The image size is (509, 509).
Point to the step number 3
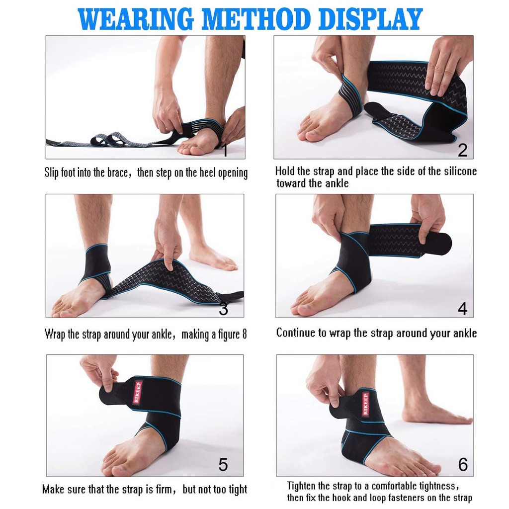[x=224, y=309]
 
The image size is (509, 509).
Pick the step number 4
[x=462, y=309]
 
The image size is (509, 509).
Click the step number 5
[x=223, y=465]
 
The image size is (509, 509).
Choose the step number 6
[x=463, y=465]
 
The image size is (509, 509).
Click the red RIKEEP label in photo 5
[x=137, y=392]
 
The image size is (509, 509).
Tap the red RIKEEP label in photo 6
[x=366, y=404]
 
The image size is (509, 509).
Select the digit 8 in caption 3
[x=244, y=334]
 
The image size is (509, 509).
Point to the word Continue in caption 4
[x=295, y=333]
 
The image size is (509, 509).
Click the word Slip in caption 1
[x=51, y=173]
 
